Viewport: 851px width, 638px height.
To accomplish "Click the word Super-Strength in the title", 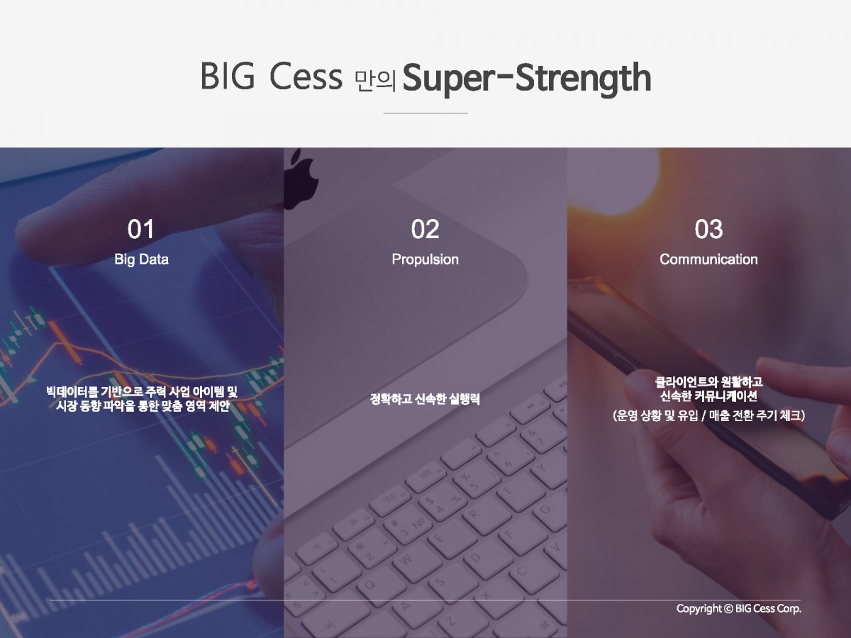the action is point(527,79).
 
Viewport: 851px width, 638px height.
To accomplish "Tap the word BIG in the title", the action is point(228,76).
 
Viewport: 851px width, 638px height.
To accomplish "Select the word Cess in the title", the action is point(306,77).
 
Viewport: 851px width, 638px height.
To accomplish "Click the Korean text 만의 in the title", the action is point(375,81).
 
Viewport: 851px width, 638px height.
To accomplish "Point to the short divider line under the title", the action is point(425,113).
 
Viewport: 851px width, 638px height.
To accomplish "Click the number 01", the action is point(140,229).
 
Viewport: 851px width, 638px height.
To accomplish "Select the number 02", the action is point(425,229).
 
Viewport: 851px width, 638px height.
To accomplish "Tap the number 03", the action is point(708,229).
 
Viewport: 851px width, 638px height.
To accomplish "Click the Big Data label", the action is point(142,259).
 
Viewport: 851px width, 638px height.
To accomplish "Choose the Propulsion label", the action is point(425,259).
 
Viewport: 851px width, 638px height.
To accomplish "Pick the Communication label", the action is point(708,259).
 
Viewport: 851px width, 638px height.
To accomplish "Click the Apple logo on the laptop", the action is point(301,179).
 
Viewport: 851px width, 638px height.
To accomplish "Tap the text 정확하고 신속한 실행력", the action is point(425,399).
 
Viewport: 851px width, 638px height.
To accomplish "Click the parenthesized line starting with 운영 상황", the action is point(708,415).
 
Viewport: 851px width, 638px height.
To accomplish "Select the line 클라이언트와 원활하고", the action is point(708,382).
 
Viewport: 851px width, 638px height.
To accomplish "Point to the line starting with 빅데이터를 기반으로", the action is point(142,391).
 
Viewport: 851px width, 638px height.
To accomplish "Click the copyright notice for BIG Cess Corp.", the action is point(739,608).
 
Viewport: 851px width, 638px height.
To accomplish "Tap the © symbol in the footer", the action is point(729,608).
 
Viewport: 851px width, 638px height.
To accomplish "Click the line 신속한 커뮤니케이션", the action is point(708,396).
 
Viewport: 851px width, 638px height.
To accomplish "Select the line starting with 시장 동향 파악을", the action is point(143,406).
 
